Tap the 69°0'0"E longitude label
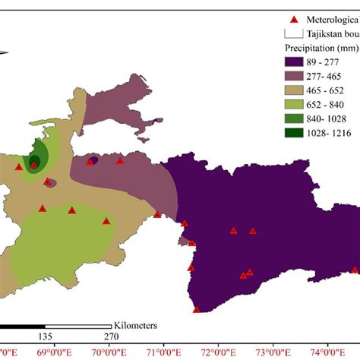tap(54, 352)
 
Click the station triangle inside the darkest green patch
tap(34, 159)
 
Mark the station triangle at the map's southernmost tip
tap(197, 309)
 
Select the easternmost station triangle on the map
tap(354, 270)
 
